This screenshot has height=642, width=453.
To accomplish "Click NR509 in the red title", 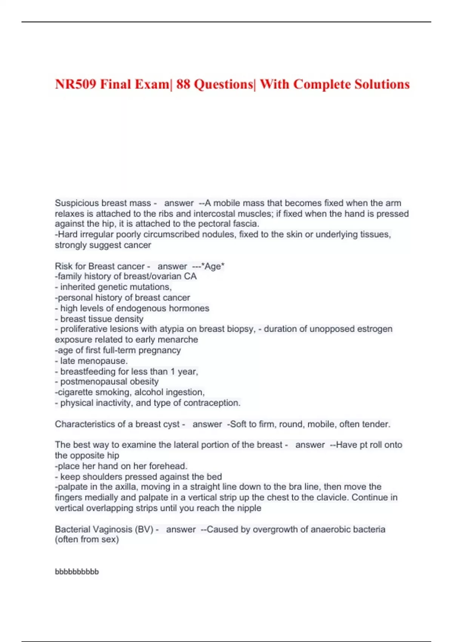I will coord(75,84).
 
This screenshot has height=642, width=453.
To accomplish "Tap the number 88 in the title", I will coord(183,84).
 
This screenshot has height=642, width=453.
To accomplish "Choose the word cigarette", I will coord(75,392).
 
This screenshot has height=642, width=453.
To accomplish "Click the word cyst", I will coord(171,424).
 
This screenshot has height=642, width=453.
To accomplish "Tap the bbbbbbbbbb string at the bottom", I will coord(77,572).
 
